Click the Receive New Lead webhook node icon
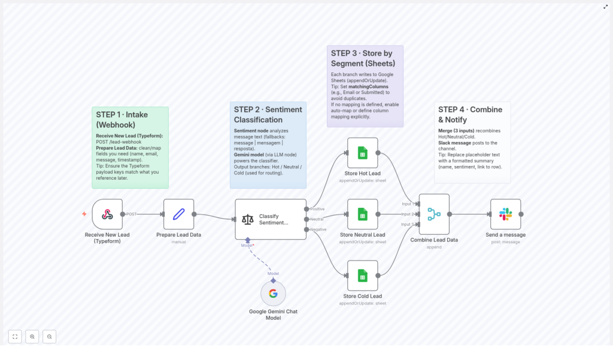(107, 214)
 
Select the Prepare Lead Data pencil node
(178, 214)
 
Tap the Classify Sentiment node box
(271, 219)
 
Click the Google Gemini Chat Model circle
(273, 294)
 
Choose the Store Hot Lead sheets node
(362, 153)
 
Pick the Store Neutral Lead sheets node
(362, 214)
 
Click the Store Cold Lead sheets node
(362, 276)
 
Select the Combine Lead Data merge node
(434, 214)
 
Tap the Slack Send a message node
(505, 214)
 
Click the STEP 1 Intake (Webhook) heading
(122, 120)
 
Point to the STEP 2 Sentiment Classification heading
(268, 114)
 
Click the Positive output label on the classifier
(317, 208)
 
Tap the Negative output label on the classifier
(318, 229)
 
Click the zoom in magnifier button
(32, 337)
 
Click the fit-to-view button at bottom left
(15, 337)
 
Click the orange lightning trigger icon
(84, 214)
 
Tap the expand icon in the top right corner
(605, 7)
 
